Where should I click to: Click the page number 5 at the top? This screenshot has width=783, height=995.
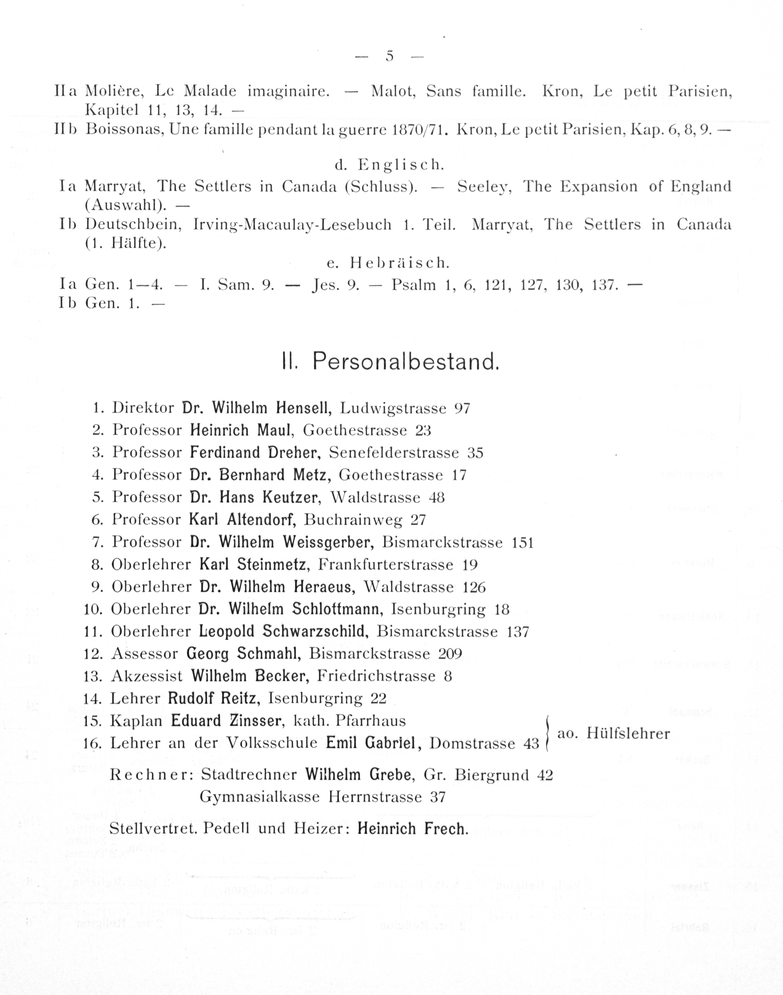pyautogui.click(x=390, y=56)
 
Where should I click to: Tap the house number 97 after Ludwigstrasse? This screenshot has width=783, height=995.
pyautogui.click(x=462, y=408)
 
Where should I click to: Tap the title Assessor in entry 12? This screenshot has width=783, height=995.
pyautogui.click(x=144, y=653)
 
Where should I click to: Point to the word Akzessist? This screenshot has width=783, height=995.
pyautogui.click(x=147, y=676)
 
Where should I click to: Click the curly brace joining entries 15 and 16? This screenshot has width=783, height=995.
pyautogui.click(x=547, y=732)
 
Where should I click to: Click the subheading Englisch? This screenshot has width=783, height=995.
pyautogui.click(x=401, y=165)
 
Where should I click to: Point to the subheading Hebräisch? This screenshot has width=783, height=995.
pyautogui.click(x=399, y=263)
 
